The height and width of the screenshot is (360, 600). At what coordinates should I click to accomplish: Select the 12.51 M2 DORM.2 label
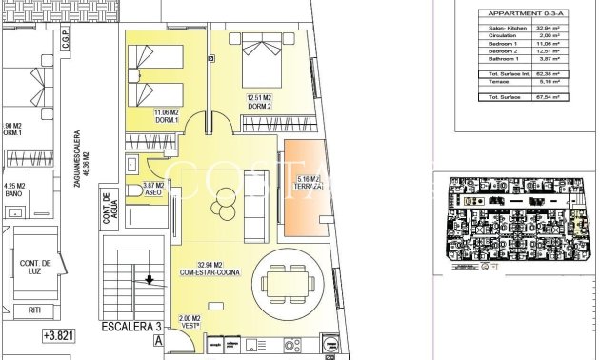[x=260, y=101]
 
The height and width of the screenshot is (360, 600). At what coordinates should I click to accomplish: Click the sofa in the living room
[x=255, y=205]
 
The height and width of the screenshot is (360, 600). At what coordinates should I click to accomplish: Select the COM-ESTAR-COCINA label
[x=210, y=269]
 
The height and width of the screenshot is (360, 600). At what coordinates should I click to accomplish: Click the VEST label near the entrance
[x=190, y=323]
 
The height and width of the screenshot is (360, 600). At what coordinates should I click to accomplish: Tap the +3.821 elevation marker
[x=57, y=335]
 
